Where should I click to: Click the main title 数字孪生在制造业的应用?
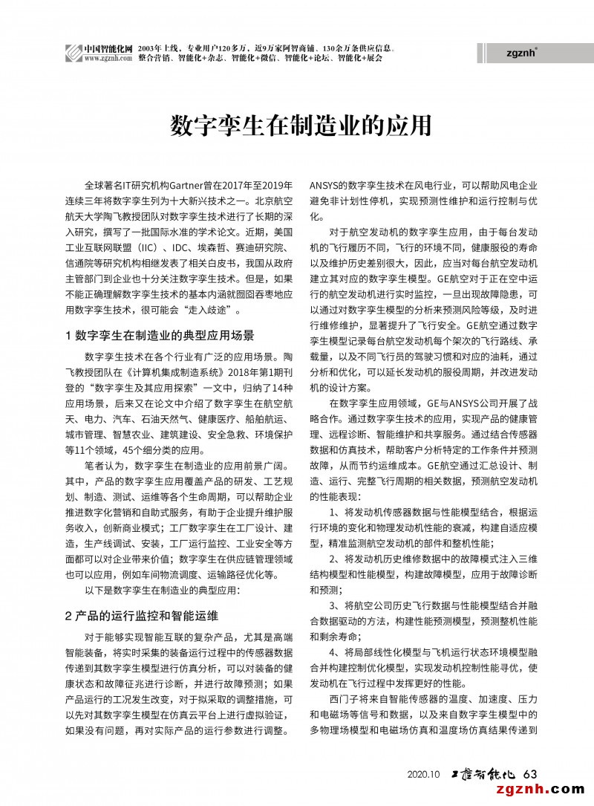tap(297, 126)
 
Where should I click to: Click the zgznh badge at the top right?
tap(521, 53)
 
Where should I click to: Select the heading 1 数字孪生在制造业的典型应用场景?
tap(160, 335)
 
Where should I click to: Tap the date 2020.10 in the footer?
tap(424, 775)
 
